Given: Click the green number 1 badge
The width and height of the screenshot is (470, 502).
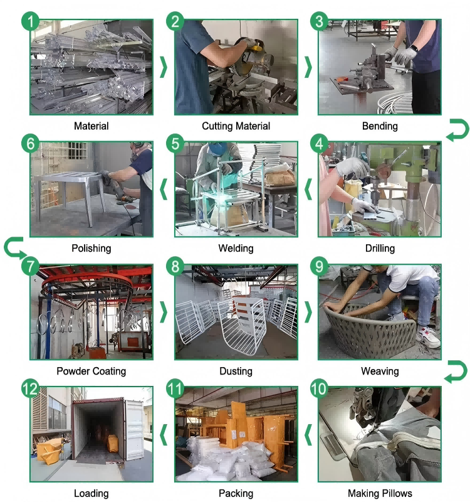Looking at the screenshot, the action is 30,21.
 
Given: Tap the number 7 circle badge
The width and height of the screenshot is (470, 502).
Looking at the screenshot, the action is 30,266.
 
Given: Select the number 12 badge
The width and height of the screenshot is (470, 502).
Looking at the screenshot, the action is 30,388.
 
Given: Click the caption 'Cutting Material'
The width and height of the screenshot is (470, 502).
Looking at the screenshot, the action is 236,126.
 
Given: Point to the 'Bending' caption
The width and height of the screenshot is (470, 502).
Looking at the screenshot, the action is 380,126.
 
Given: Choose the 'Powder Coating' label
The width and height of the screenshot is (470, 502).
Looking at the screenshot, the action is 91,371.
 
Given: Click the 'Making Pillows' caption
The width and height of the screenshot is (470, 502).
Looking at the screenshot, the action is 380,493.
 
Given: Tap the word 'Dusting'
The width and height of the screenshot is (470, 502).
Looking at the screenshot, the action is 236,371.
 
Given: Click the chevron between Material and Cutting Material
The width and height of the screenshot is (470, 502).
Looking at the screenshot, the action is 164,67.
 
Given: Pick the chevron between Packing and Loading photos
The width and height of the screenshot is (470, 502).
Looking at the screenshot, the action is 164,434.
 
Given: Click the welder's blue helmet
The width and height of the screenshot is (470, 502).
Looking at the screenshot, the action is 217,149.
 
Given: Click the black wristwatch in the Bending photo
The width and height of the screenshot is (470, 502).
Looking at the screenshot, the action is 414,49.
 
